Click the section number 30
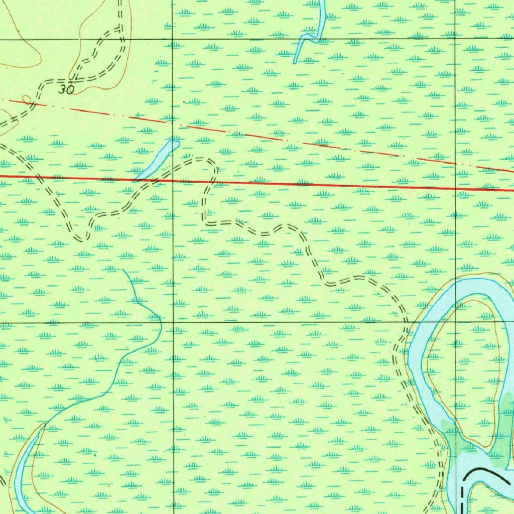tap(66, 90)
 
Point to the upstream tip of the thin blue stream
tap(123, 270)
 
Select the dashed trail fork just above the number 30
tap(74, 78)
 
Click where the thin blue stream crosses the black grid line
tap(160, 322)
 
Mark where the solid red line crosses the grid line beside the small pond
tap(173, 180)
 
